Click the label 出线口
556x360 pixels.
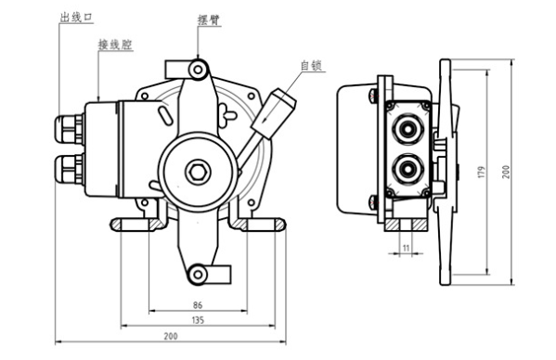click(76, 17)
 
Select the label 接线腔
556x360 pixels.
click(115, 45)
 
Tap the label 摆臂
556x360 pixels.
click(209, 19)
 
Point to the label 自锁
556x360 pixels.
click(311, 66)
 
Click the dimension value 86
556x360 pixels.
click(198, 304)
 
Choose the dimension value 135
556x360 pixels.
click(198, 320)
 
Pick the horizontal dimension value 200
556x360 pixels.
click(171, 336)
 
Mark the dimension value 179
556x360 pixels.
click(481, 173)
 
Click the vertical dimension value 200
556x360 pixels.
click(506, 172)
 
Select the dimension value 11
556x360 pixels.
click(406, 248)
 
